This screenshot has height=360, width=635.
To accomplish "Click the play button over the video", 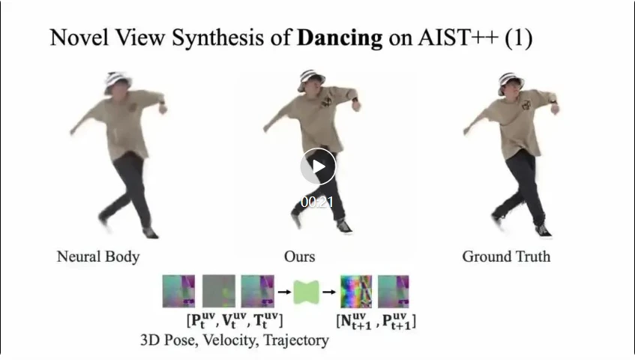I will [318, 167].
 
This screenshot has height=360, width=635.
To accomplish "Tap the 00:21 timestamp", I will [317, 202].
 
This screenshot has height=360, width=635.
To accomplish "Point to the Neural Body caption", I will [98, 256].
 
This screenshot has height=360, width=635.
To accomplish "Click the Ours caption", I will [299, 256].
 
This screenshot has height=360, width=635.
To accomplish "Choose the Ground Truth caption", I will [506, 256].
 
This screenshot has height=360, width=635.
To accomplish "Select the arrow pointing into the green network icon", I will [285, 291].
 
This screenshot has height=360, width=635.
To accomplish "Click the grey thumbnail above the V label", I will [218, 291].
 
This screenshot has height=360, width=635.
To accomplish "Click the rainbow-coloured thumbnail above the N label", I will [356, 291].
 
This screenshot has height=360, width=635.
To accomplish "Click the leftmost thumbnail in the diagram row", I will [179, 291].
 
